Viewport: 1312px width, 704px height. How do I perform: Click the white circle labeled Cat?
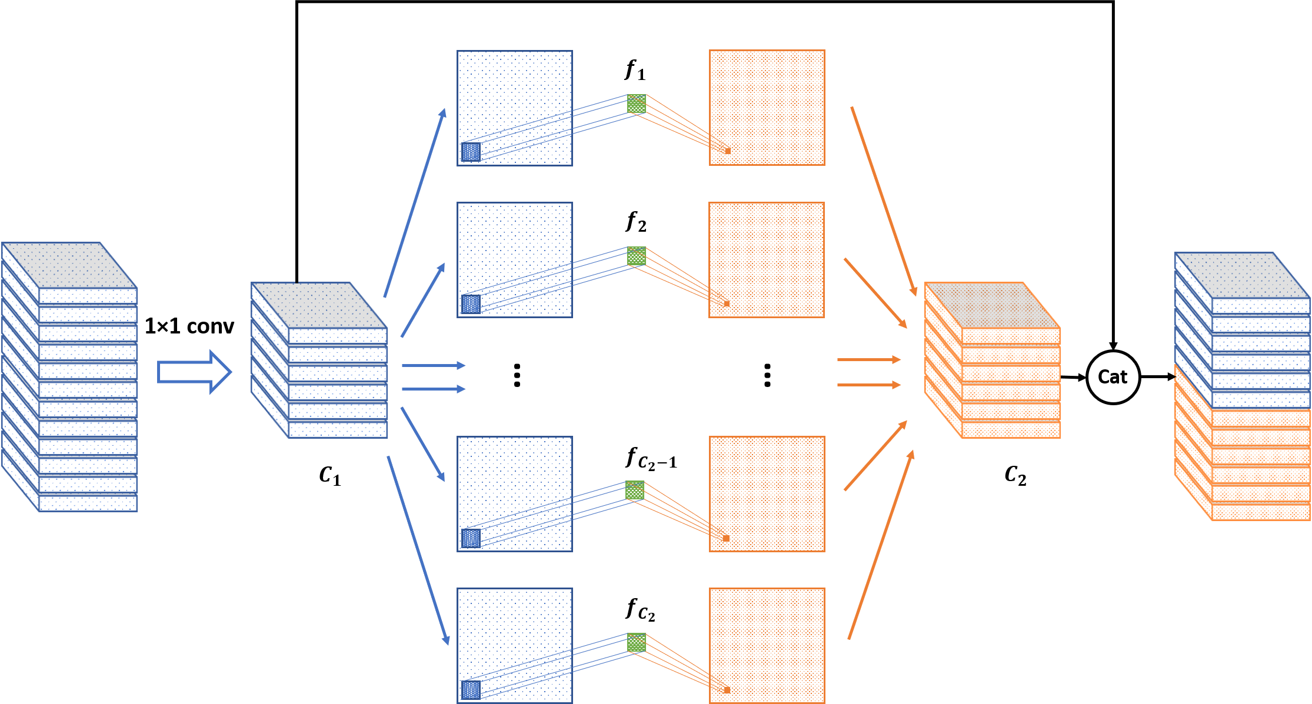coord(1113,377)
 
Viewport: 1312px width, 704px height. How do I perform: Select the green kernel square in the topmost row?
coord(636,104)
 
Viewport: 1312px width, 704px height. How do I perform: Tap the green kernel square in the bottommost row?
coord(636,642)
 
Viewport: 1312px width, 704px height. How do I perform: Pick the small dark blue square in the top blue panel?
coord(471,152)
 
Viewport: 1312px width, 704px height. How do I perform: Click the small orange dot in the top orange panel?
coord(728,151)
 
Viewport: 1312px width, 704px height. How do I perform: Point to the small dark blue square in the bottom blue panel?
coord(471,690)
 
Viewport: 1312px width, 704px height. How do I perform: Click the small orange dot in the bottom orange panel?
coord(727,690)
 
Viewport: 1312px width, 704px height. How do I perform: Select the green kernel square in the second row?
coord(636,256)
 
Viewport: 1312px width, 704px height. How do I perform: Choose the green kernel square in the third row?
coord(634,490)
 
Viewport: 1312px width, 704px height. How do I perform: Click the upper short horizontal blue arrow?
coord(433,365)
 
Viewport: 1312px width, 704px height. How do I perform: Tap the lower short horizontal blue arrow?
coord(433,389)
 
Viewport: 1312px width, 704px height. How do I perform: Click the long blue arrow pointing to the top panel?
coord(415,203)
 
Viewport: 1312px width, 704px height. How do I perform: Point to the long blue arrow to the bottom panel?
coord(418,550)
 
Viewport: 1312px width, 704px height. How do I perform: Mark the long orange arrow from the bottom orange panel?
coord(881,544)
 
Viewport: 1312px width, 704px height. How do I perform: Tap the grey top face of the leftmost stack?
coord(69,265)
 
